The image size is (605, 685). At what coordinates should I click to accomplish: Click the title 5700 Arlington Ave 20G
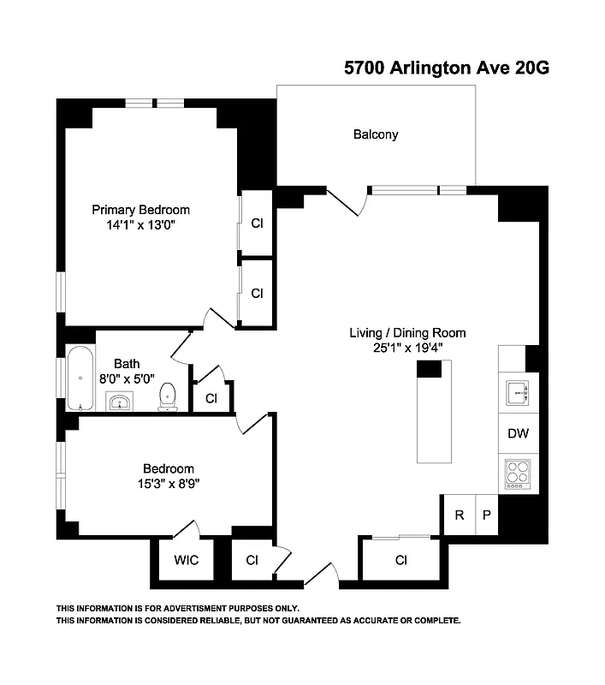click(x=445, y=68)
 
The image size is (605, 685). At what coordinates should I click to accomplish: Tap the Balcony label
click(x=376, y=134)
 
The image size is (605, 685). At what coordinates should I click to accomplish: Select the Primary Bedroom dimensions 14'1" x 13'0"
click(x=140, y=225)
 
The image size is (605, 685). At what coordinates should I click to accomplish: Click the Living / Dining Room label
click(x=407, y=333)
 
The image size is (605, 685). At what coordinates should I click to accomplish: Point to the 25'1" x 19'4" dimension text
click(x=407, y=348)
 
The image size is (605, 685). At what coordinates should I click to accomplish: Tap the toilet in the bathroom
click(x=168, y=396)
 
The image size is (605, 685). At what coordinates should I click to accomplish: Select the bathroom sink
click(x=119, y=402)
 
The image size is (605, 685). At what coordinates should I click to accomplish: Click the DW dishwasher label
click(x=518, y=433)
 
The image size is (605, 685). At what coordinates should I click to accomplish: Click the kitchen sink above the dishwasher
click(x=517, y=393)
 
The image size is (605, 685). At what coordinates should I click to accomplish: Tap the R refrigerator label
click(x=460, y=515)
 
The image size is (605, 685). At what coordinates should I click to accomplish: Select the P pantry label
click(x=486, y=515)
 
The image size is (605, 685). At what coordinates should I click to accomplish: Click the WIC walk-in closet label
click(x=187, y=561)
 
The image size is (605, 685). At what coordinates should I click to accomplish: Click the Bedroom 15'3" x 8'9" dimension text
click(x=168, y=482)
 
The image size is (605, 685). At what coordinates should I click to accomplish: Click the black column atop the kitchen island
click(x=429, y=369)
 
